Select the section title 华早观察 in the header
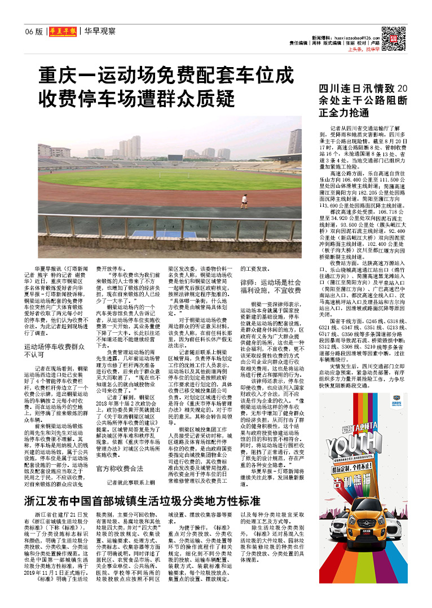click(x=100, y=31)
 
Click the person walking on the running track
click(x=244, y=200)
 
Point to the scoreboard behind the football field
click(x=175, y=160)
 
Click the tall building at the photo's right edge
click(x=295, y=141)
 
